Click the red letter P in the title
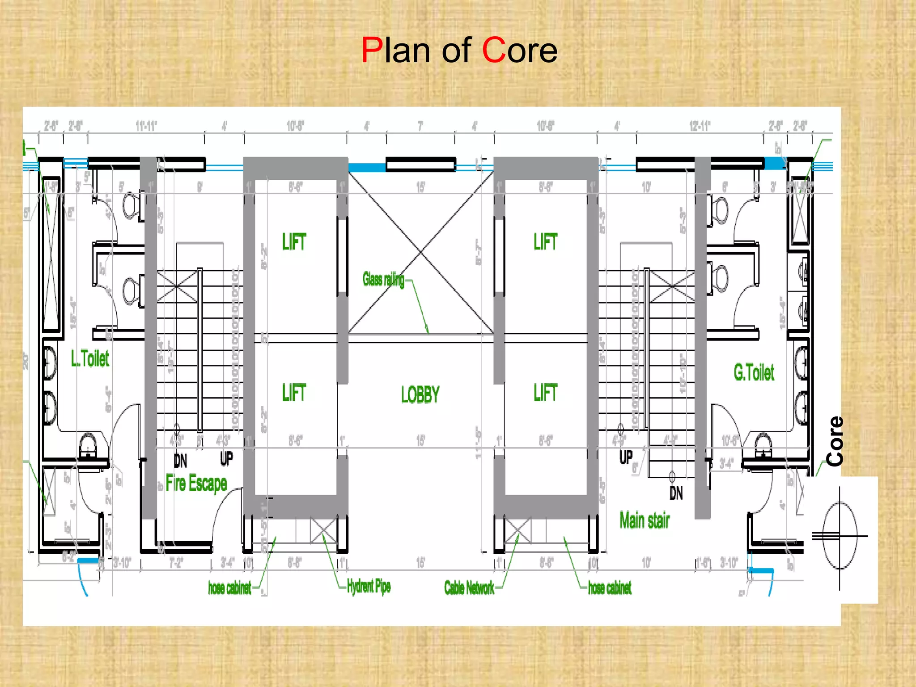tap(371, 50)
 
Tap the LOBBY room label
tap(420, 394)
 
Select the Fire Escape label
tap(196, 483)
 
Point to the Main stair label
tap(645, 520)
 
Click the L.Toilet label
tap(90, 359)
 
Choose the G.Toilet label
tap(754, 373)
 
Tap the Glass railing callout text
tap(383, 280)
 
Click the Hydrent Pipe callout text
tap(369, 586)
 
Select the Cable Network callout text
tap(469, 587)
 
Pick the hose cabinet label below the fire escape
tap(229, 587)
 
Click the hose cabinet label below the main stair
tap(610, 587)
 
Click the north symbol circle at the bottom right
tap(840, 535)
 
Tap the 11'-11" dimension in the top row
tap(146, 126)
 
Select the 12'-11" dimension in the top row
tap(700, 126)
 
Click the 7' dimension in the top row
tap(420, 127)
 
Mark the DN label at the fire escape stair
tap(180, 460)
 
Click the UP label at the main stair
tap(626, 457)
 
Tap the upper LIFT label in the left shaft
tap(294, 242)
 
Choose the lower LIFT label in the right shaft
tap(545, 393)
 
